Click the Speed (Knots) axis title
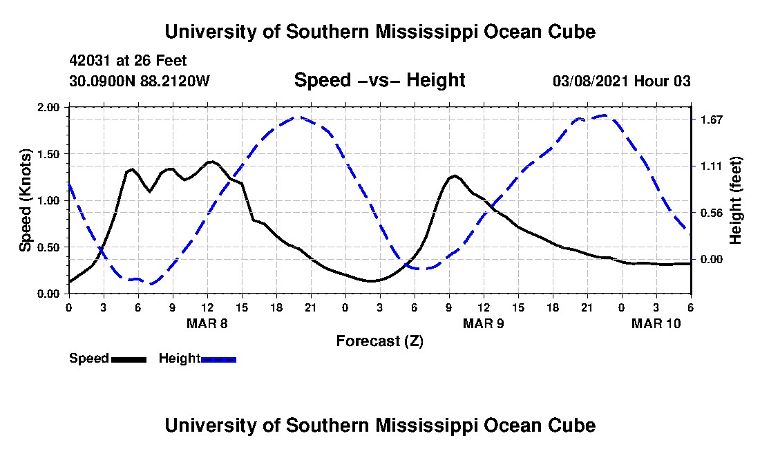(x=26, y=200)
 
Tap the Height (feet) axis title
(x=735, y=200)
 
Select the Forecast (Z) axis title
(x=380, y=341)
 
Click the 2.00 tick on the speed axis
(x=48, y=107)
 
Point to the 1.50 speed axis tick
(x=48, y=154)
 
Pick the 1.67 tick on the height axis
(x=711, y=120)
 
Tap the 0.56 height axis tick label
(x=711, y=213)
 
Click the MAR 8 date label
(x=207, y=323)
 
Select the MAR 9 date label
(x=483, y=323)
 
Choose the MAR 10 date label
(x=656, y=323)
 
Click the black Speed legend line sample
(x=129, y=359)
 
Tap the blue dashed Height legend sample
(x=218, y=359)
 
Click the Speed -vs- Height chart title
(x=379, y=80)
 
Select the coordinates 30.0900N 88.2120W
(x=140, y=81)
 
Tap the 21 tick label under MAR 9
(x=587, y=307)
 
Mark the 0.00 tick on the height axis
(x=711, y=260)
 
